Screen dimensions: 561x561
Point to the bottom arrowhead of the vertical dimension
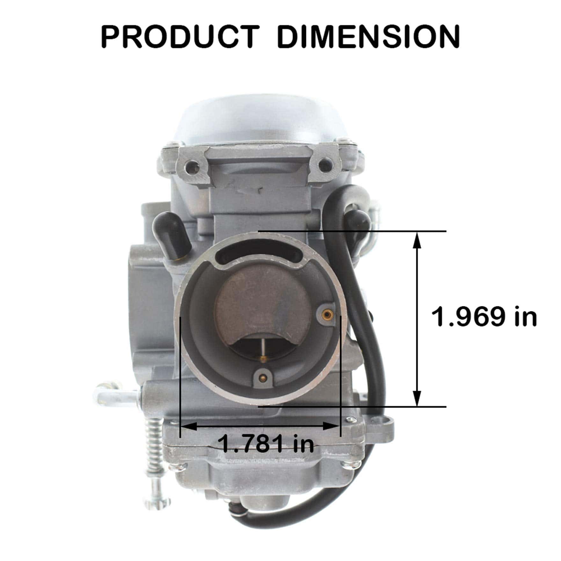(417, 398)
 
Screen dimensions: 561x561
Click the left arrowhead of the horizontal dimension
(189, 426)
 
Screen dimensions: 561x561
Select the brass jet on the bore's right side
(326, 315)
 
